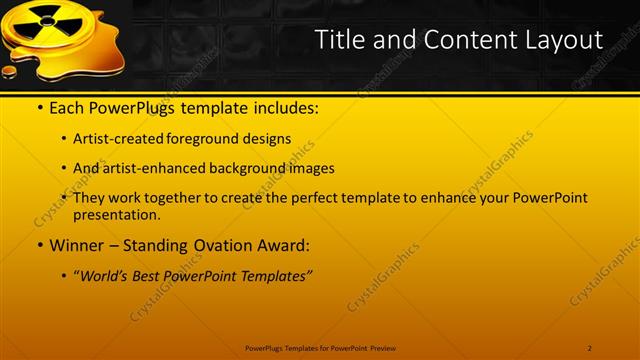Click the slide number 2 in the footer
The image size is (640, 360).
590,347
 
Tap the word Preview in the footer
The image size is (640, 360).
381,347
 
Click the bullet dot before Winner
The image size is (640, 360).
39,246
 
